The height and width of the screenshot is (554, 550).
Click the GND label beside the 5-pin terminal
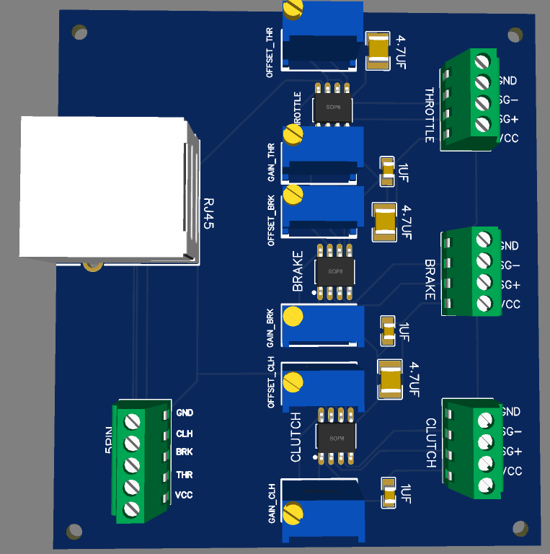[185, 413]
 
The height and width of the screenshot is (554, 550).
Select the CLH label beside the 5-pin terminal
[185, 434]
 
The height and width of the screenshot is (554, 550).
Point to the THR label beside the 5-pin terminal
[185, 475]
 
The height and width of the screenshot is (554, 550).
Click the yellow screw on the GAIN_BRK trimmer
[293, 317]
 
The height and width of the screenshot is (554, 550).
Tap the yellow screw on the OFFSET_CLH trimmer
[293, 382]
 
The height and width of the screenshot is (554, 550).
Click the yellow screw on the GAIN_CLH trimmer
[293, 513]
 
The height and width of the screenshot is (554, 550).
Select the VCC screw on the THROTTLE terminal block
[483, 124]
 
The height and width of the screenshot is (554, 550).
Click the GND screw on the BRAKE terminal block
[484, 239]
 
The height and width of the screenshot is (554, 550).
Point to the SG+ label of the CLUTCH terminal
[510, 452]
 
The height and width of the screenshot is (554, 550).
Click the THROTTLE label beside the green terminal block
[430, 115]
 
